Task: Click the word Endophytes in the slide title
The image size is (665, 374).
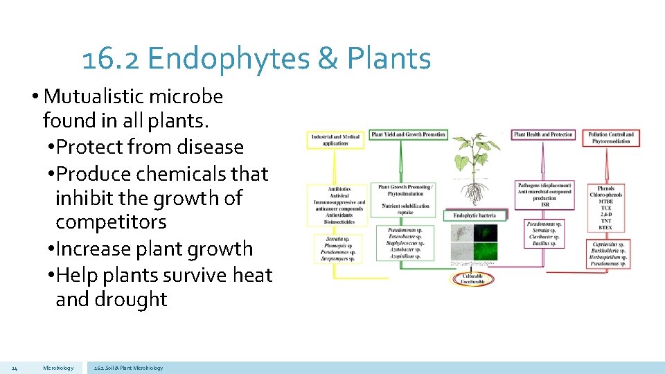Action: [228, 59]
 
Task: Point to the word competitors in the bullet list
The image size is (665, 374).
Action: [111, 222]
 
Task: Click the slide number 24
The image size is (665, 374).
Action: [15, 368]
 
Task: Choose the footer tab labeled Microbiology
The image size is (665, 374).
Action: [58, 368]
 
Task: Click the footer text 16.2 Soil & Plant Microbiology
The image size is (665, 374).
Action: [128, 368]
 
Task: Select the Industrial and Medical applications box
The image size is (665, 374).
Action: [335, 140]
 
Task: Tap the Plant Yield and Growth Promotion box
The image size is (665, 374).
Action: [409, 134]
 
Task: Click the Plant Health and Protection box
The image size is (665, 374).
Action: [543, 134]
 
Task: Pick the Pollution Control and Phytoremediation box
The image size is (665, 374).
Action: [611, 137]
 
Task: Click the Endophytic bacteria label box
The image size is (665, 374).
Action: [474, 215]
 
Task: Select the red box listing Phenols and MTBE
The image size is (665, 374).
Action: [605, 208]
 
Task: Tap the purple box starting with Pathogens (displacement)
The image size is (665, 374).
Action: [544, 195]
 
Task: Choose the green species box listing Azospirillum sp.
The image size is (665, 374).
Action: [406, 242]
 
